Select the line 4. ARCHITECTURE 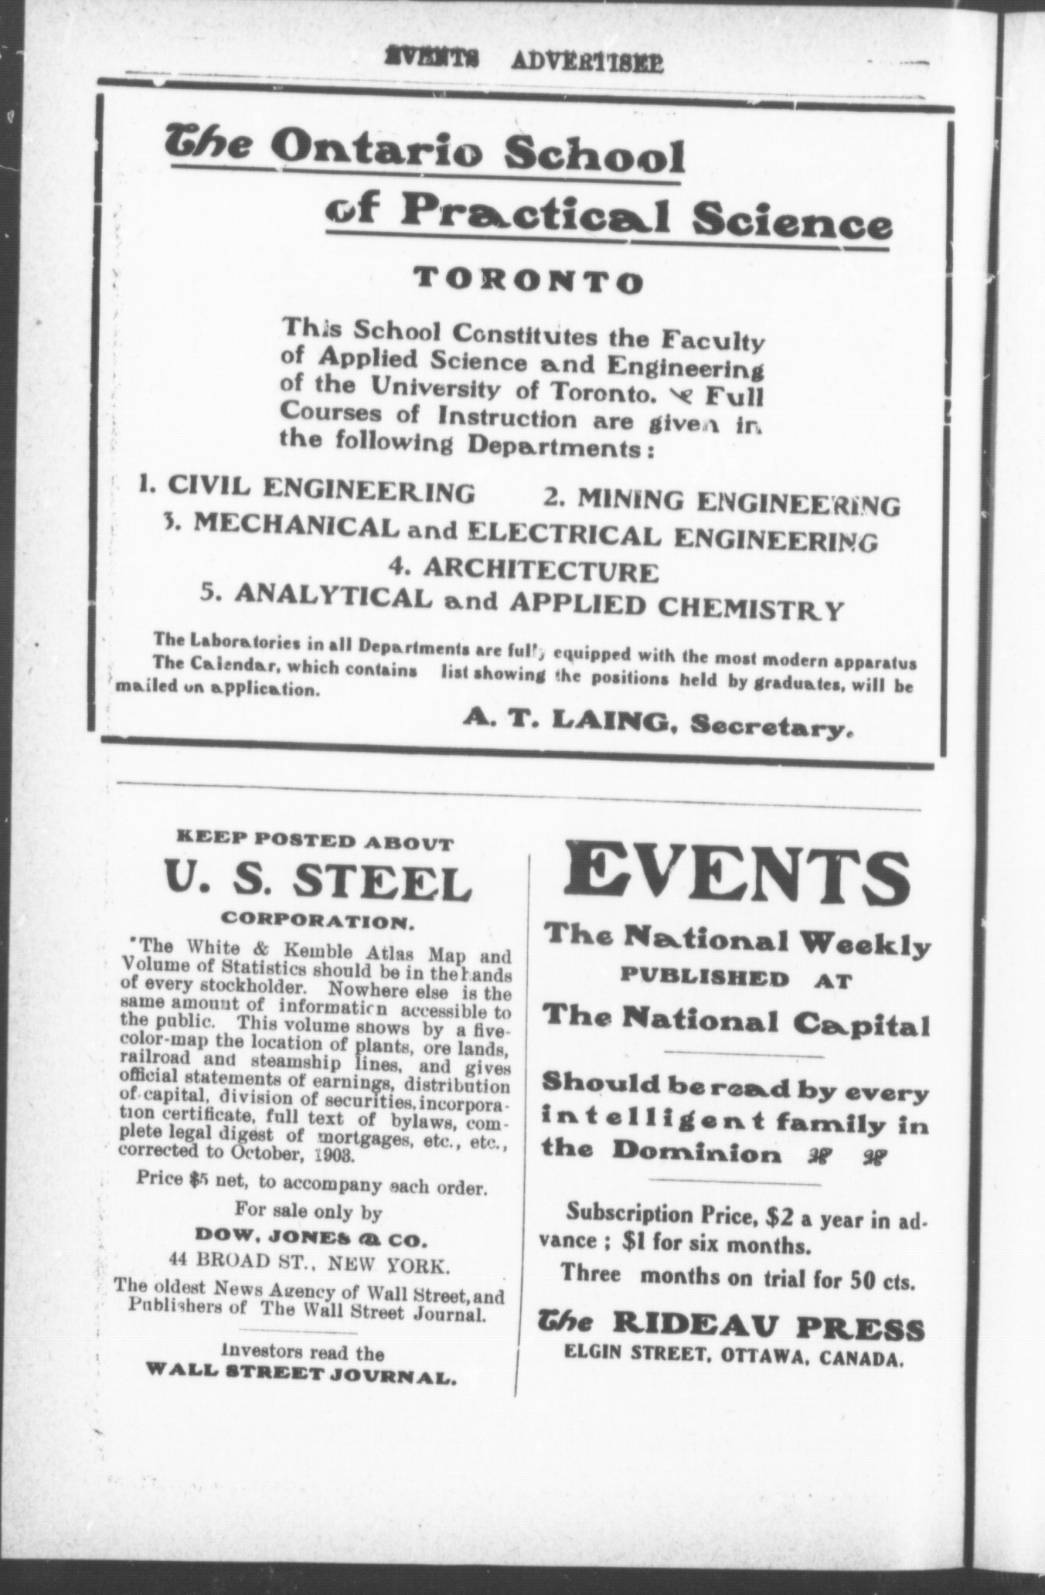pyautogui.click(x=524, y=570)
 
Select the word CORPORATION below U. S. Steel pyautogui.click(x=317, y=922)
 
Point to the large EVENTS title pyautogui.click(x=737, y=874)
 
